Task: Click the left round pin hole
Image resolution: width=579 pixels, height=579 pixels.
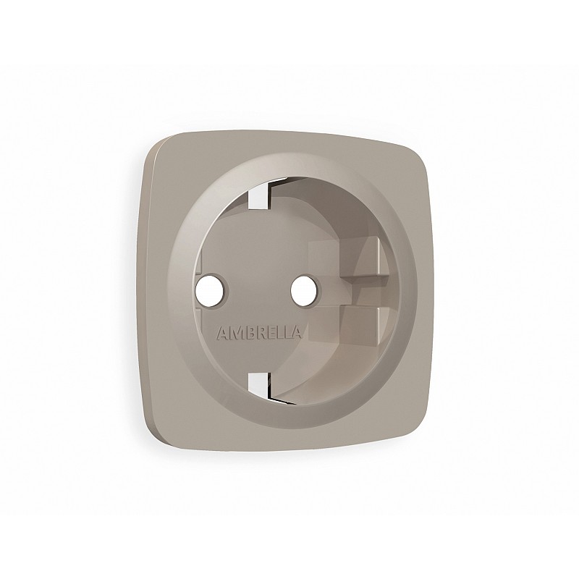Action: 212,291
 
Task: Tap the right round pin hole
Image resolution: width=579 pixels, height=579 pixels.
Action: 305,290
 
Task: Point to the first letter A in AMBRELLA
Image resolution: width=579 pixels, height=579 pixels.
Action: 223,333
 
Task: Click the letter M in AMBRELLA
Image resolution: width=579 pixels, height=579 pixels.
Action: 237,333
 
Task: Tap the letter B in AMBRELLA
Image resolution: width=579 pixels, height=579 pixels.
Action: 249,333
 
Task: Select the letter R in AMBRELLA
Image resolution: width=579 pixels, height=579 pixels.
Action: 260,333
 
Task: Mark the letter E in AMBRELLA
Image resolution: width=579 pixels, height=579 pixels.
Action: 270,333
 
